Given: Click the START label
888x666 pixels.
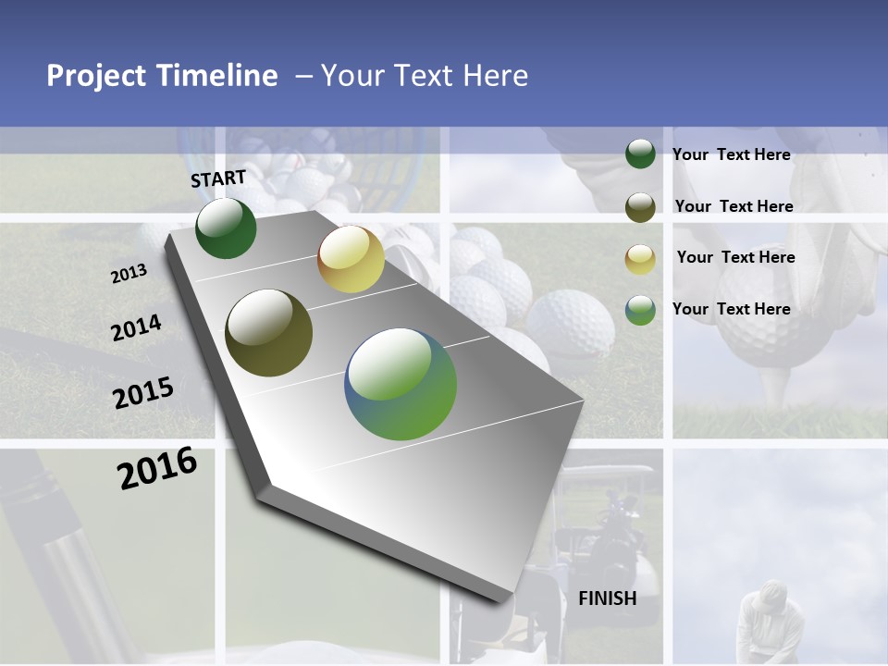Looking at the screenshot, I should click(218, 178).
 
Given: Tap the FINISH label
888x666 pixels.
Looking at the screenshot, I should click(607, 598).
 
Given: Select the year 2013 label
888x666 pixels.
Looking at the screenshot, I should click(129, 274).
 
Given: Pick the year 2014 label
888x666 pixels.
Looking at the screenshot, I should click(136, 327).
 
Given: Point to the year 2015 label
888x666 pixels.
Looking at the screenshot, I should click(142, 392).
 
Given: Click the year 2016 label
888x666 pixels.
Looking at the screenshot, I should click(157, 468).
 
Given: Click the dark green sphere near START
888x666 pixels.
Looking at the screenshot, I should click(226, 228).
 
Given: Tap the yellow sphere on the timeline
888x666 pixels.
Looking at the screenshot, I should click(351, 259).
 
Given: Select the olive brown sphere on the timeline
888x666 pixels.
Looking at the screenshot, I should click(268, 333).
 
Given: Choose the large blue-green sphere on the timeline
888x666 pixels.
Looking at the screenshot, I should click(401, 384).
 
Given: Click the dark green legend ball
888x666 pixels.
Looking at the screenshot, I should click(640, 154).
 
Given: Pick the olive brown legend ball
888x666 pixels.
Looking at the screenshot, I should click(640, 207).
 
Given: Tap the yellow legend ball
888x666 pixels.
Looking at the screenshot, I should click(640, 259).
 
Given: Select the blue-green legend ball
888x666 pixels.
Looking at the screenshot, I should click(640, 310).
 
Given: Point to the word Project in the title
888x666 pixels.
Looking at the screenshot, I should click(96, 76).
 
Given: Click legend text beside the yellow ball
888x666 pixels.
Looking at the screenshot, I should click(735, 257).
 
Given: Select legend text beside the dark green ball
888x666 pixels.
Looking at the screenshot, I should click(731, 154).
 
